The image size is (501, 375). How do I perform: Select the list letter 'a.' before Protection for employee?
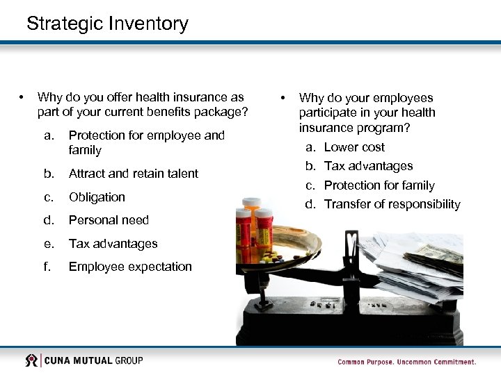pos(49,135)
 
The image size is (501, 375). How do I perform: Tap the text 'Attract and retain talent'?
pos(133,174)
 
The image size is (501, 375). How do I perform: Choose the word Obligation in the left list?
pos(97,197)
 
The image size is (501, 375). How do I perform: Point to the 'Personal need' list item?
pos(109,220)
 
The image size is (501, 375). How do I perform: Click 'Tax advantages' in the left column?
pos(113,244)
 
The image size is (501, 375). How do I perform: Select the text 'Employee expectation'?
pos(130,267)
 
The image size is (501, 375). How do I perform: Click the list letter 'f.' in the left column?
pos(47,267)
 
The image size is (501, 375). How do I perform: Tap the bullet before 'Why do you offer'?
pos(23,97)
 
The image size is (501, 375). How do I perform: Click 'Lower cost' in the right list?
pos(354,147)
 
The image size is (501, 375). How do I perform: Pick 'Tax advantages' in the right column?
pos(368,166)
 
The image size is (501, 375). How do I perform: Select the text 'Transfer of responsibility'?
pos(392,204)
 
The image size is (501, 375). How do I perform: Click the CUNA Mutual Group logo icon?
pos(31,360)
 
